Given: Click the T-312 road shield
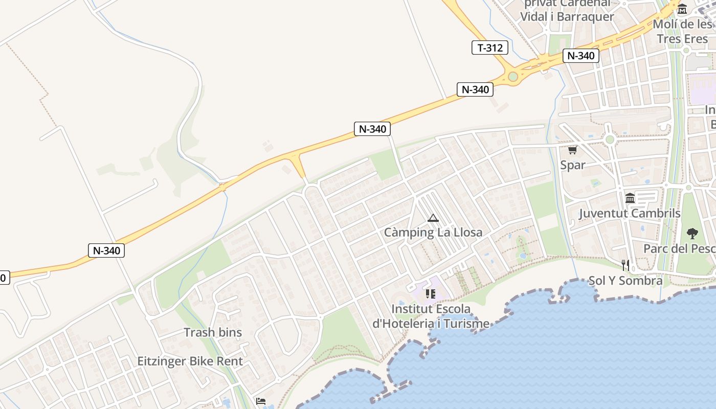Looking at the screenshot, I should click(x=490, y=48).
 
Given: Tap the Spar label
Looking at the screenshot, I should click(x=572, y=165).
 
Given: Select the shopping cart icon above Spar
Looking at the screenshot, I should click(x=572, y=150).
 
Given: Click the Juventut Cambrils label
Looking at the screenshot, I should click(x=630, y=213).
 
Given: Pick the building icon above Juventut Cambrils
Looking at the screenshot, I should click(x=630, y=198).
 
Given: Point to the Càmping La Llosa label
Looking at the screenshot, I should click(x=433, y=233).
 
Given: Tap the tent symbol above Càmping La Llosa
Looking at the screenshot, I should click(x=433, y=218).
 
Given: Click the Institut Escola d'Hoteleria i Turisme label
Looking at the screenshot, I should click(x=431, y=316).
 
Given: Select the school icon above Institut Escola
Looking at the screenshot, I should click(x=431, y=294).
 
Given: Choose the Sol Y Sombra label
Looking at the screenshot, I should click(x=625, y=280).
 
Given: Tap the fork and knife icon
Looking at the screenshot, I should click(x=625, y=265).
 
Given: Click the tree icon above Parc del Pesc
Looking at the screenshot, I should click(x=692, y=234).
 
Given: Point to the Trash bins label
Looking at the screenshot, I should click(x=213, y=332).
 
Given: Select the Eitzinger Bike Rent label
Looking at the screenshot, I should click(x=190, y=361).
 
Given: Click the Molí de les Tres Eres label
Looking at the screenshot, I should click(x=683, y=31).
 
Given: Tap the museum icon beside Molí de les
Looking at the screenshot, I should click(x=682, y=9).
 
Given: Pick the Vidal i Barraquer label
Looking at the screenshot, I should click(x=567, y=16).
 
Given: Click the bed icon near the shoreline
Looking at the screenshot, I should click(x=261, y=401).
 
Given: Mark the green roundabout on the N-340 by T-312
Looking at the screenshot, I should click(x=513, y=77).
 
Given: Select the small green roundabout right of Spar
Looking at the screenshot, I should click(x=609, y=140).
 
